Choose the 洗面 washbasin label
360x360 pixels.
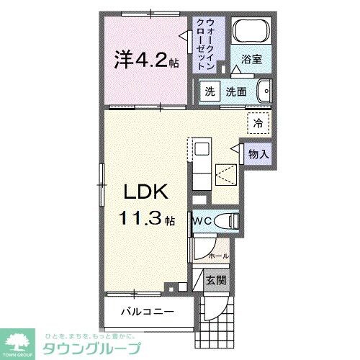point(237,92)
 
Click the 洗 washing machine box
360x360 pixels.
point(210,92)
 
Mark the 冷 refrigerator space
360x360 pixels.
point(257,123)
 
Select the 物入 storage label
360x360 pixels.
point(258,153)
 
